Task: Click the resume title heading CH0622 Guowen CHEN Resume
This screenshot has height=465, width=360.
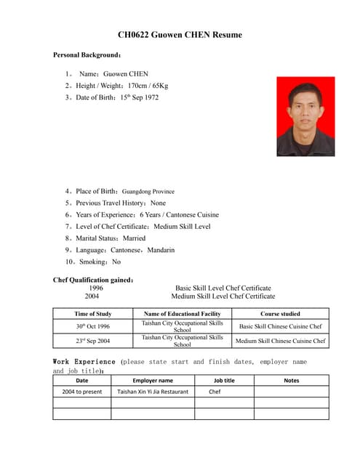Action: coord(180,35)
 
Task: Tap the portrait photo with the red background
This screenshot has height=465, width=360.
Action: coord(305,116)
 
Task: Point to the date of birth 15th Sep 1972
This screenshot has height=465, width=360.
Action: coord(139,97)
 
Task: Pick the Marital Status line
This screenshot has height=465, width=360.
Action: coord(105,238)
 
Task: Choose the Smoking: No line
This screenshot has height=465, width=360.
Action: coord(93,262)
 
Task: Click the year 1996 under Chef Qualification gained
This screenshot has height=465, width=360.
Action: coord(96,288)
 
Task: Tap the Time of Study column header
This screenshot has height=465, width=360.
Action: coord(93,314)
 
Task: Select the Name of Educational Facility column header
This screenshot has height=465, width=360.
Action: coord(182,314)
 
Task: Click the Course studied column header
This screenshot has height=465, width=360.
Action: coord(280,314)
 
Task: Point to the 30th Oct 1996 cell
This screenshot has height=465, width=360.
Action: coord(93,326)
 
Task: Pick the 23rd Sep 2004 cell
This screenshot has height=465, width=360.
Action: coord(93,340)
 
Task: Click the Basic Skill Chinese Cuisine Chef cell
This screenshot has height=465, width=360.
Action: coord(280,326)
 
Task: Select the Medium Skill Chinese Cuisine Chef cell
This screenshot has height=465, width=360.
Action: coord(280,340)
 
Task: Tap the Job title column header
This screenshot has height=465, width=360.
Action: coord(224,380)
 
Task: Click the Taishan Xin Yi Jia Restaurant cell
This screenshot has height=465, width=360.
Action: coord(153,392)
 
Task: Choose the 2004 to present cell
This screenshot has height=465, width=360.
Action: coord(82,392)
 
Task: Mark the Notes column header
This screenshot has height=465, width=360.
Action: coord(291,380)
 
